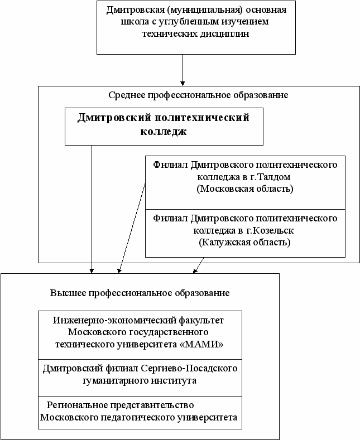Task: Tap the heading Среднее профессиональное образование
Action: coord(198,95)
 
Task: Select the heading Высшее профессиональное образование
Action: coord(140,293)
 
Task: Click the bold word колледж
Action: coord(164,132)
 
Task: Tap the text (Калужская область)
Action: coord(245,242)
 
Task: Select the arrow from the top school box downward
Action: coord(183,70)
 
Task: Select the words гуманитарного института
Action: coord(140,380)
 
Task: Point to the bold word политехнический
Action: coord(200,118)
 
